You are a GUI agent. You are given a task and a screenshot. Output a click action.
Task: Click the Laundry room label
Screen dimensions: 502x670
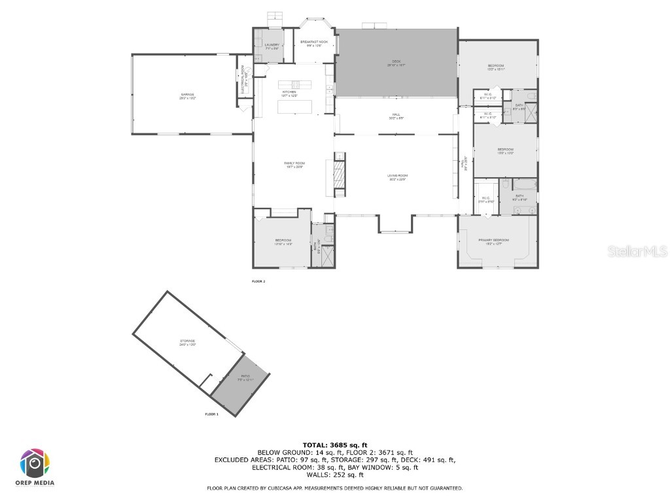pos(272,46)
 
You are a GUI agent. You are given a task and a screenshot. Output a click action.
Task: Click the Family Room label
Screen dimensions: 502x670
pos(294,164)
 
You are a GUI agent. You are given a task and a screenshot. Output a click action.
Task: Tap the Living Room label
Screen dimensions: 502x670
pos(397,177)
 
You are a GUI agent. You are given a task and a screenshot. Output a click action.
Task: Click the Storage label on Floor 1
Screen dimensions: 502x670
pos(188,343)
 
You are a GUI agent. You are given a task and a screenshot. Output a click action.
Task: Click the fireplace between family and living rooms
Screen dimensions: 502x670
pos(338,175)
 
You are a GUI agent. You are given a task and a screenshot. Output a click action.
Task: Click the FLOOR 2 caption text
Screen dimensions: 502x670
pos(258,281)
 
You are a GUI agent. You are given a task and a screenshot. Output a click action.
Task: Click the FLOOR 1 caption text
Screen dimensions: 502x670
pos(211,414)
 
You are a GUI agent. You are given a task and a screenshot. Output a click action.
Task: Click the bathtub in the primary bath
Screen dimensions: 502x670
pos(525,185)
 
